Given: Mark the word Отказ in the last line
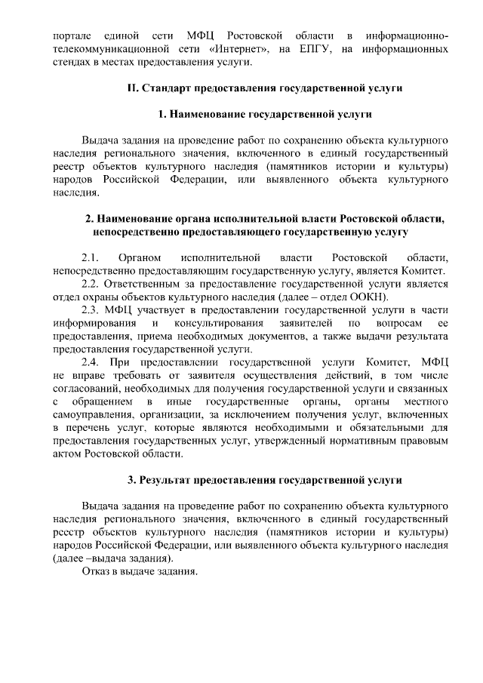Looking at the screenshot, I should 96,571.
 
